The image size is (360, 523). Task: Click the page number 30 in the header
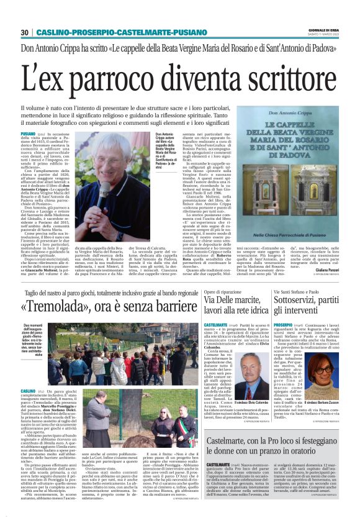25,32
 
